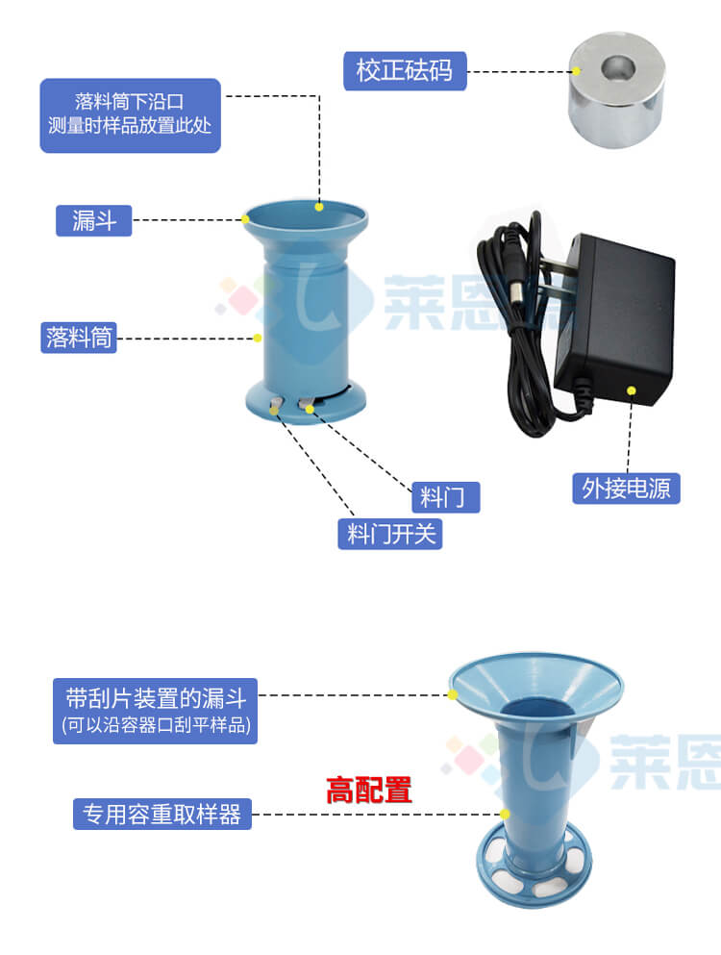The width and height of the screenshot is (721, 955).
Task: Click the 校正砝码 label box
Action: point(405,71)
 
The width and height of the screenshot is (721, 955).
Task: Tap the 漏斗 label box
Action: point(93,220)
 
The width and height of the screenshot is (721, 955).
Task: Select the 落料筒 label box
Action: point(79,338)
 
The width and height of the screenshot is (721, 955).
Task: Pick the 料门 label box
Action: point(444,496)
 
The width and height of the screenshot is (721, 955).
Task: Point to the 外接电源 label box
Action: point(626,488)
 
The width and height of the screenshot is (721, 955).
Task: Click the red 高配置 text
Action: point(368,791)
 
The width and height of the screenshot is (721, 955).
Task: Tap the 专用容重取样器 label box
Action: point(162,815)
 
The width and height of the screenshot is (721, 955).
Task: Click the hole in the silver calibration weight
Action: point(616,70)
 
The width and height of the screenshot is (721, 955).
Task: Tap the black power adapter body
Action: point(615,317)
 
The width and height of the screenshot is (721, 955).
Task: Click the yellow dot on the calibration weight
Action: point(576,71)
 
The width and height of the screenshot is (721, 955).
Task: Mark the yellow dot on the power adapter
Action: point(632,390)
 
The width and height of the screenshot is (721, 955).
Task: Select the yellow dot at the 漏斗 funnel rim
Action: point(246,219)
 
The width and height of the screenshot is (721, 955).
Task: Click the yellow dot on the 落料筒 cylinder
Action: point(258,338)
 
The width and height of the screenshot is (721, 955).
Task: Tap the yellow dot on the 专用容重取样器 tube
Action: point(504,815)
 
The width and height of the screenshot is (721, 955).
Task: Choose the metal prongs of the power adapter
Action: point(556,289)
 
